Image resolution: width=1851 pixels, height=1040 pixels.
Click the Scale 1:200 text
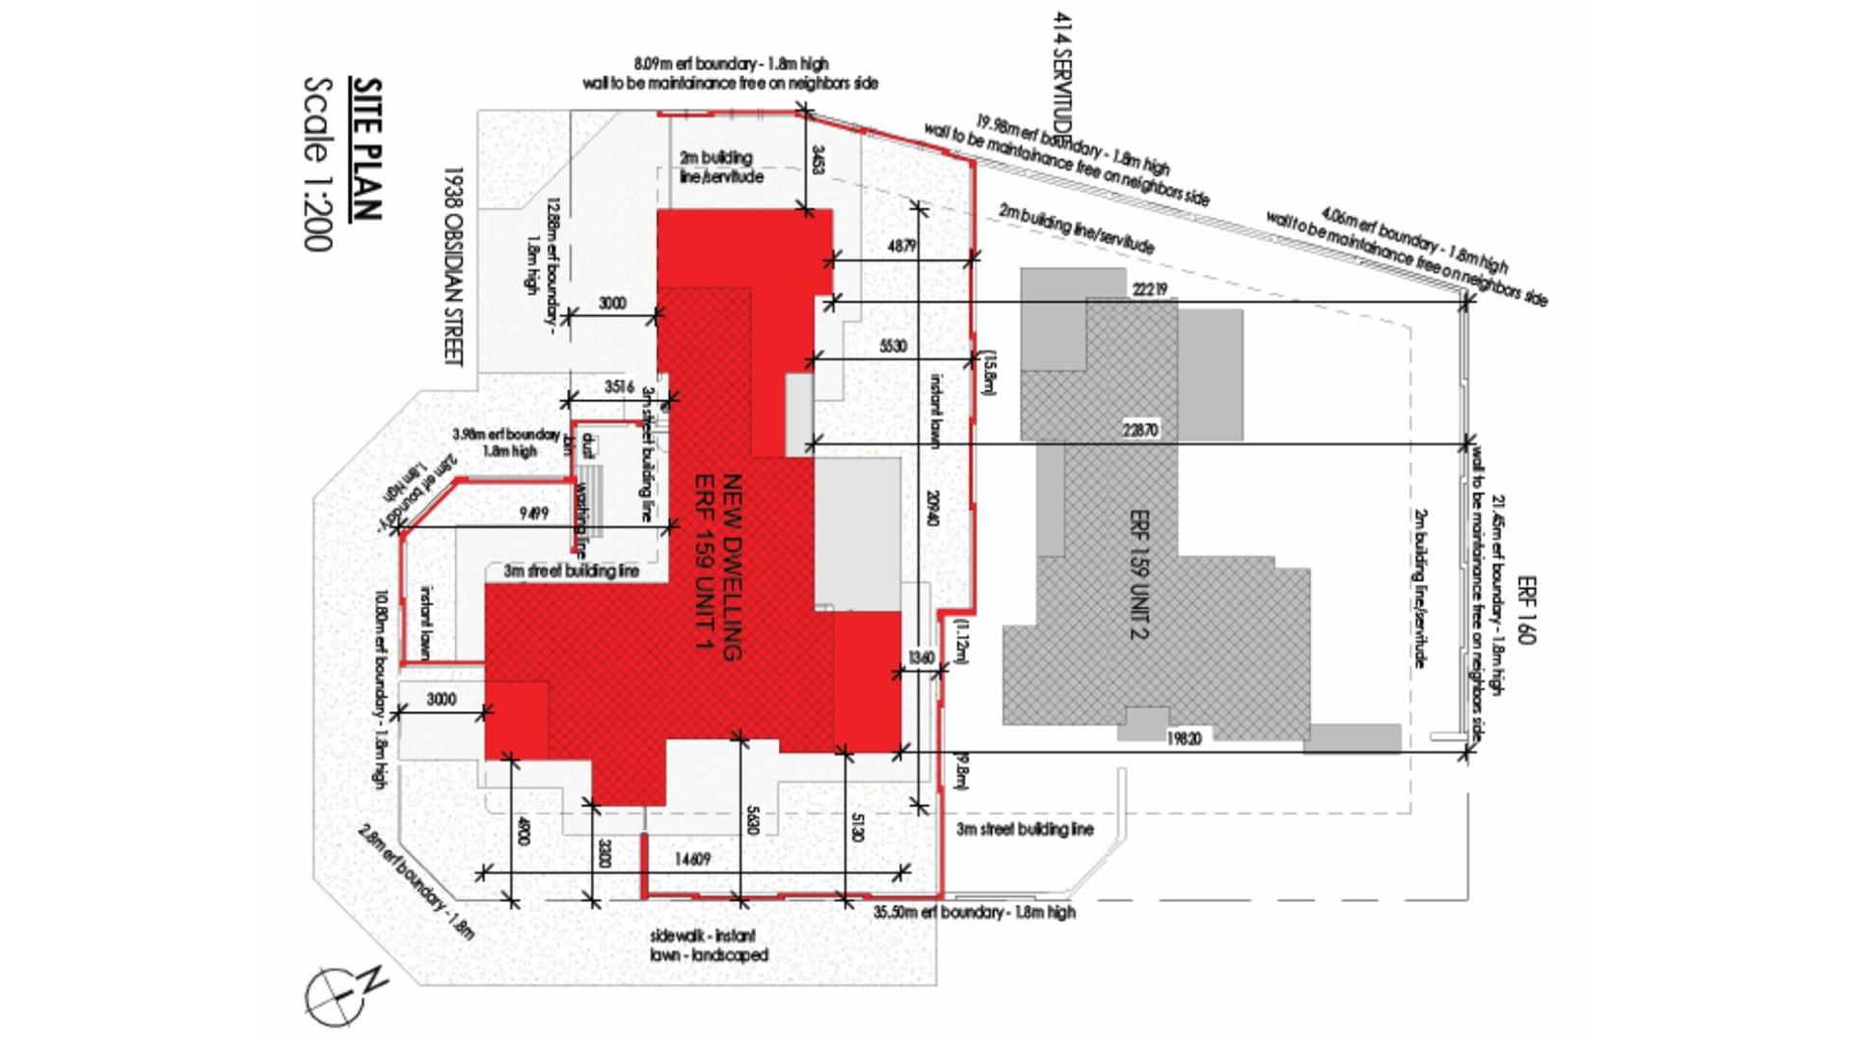point(319,164)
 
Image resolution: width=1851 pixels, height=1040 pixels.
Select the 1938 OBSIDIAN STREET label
point(453,267)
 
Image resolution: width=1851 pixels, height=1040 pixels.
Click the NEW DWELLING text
point(733,566)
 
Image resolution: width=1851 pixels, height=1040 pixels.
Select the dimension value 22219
point(1149,289)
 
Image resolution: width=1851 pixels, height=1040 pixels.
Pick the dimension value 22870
point(1140,431)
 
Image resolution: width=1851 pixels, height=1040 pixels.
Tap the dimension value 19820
point(1184,739)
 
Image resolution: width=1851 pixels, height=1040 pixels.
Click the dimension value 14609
point(692,859)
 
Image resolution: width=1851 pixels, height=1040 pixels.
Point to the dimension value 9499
point(534,514)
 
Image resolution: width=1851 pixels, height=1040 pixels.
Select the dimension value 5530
point(893,346)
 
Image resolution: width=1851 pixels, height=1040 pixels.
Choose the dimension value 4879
point(900,246)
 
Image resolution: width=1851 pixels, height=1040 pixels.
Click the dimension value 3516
point(619,387)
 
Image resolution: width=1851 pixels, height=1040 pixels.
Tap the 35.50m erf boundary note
point(974,912)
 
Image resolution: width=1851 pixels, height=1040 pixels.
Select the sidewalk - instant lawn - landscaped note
point(709,946)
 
